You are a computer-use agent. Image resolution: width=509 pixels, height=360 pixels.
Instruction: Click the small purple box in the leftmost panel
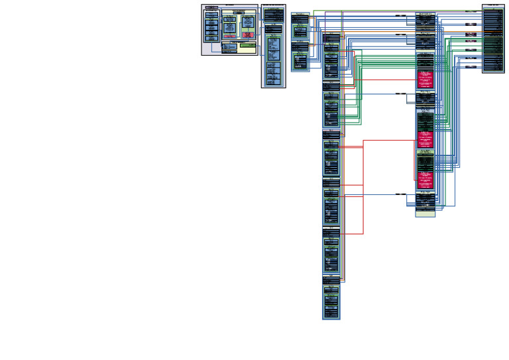click(x=211, y=8)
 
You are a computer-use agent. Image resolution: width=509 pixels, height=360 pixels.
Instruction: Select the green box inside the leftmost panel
click(x=247, y=46)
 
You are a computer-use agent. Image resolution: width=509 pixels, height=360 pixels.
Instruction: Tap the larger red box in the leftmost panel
click(x=247, y=35)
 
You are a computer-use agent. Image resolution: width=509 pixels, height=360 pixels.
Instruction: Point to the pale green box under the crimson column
click(x=425, y=213)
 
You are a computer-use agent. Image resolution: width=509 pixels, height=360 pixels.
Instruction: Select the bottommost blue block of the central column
click(x=331, y=302)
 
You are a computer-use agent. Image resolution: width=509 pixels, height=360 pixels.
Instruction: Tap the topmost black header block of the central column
click(x=331, y=38)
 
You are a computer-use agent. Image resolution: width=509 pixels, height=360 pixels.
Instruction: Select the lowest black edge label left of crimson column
click(x=401, y=194)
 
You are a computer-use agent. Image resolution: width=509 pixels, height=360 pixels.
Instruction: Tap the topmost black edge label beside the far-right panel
click(x=471, y=11)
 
